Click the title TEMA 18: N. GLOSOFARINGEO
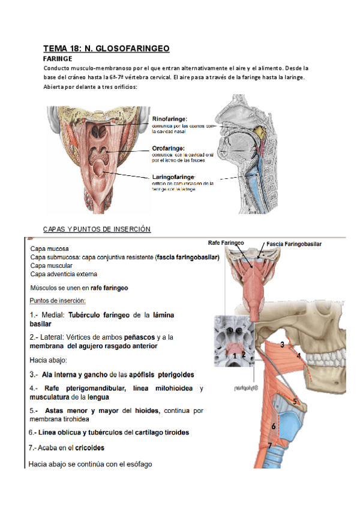pyautogui.click(x=106, y=48)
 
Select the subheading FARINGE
pyautogui.click(x=58, y=59)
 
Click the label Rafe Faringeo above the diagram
pyautogui.click(x=226, y=243)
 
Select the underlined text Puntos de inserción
pyautogui.click(x=58, y=300)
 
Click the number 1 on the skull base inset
pyautogui.click(x=235, y=355)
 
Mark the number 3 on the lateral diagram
pyautogui.click(x=282, y=344)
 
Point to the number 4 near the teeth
pyautogui.click(x=298, y=355)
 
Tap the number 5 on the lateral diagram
pyautogui.click(x=295, y=400)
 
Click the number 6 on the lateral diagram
pyautogui.click(x=273, y=426)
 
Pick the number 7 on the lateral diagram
pyautogui.click(x=270, y=445)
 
